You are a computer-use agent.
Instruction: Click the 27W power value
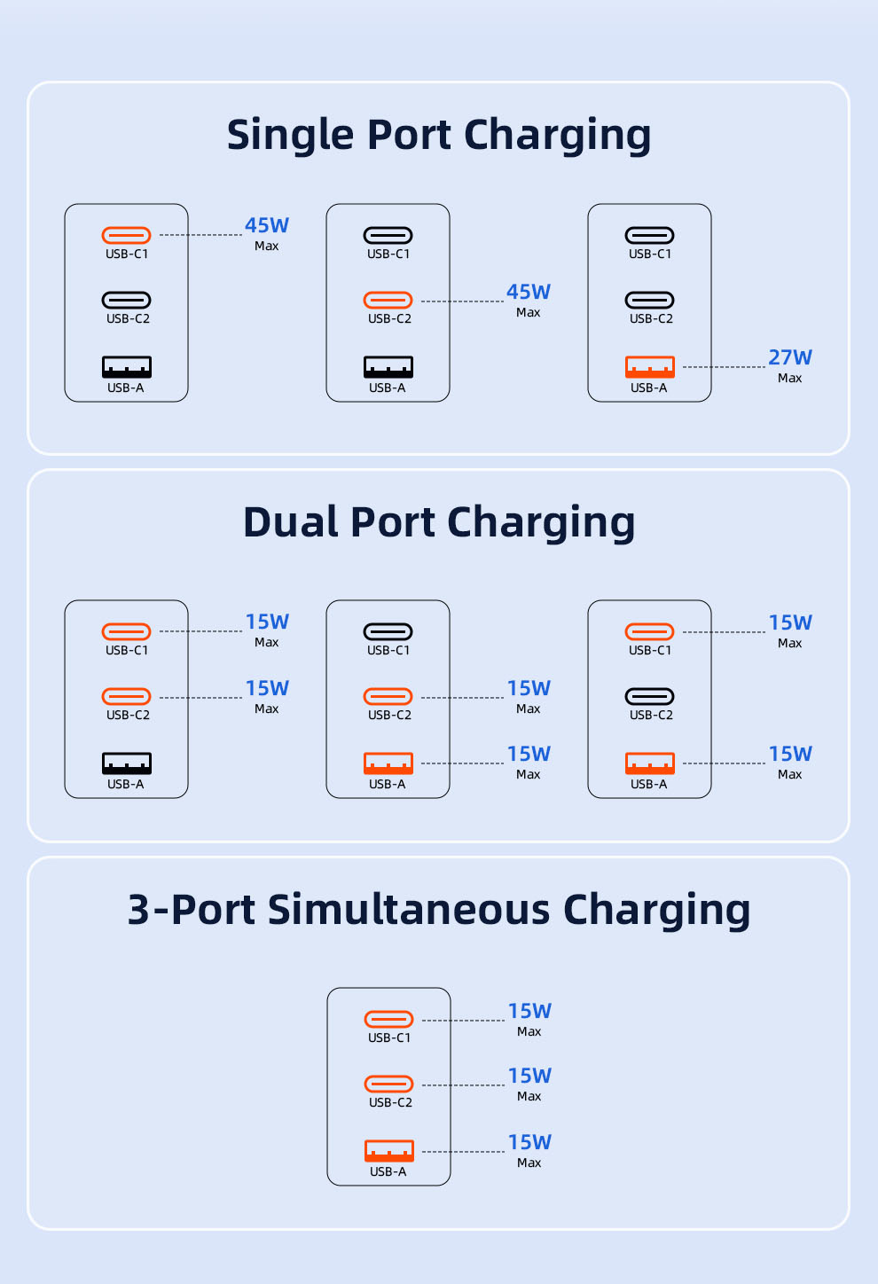tap(789, 357)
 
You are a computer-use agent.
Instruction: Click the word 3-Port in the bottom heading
tap(191, 909)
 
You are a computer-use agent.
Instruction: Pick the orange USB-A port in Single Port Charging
tap(649, 367)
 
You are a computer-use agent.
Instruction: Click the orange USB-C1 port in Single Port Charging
tap(126, 235)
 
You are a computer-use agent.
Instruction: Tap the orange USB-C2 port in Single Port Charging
tap(388, 300)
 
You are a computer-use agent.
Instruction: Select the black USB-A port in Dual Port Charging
tap(126, 763)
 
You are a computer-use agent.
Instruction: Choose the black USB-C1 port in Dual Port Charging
tap(388, 631)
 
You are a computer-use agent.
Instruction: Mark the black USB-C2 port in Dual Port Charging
tap(649, 696)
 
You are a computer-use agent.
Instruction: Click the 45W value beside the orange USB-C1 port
tap(267, 225)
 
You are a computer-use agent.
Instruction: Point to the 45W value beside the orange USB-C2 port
tap(529, 292)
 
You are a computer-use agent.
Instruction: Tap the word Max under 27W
tap(789, 378)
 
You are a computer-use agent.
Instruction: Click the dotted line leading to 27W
tap(724, 367)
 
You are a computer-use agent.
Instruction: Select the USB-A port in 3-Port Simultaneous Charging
tap(388, 1150)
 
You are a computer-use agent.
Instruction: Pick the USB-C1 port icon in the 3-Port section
tap(388, 1019)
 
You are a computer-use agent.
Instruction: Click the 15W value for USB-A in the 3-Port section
tap(529, 1142)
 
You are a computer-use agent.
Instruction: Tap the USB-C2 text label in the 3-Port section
tap(390, 1102)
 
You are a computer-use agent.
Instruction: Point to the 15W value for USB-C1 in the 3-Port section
tap(529, 1011)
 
